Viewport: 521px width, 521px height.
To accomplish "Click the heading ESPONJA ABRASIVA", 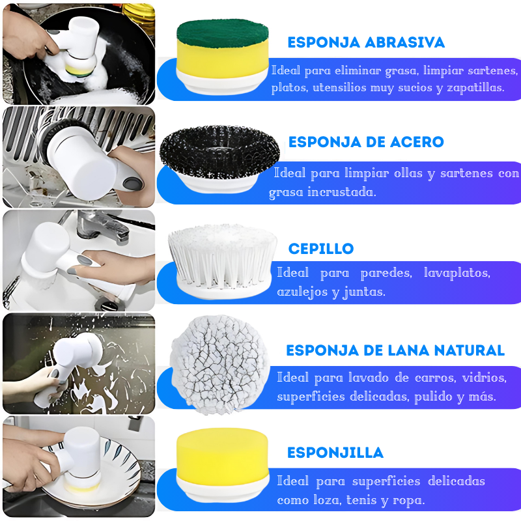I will pyautogui.click(x=366, y=43).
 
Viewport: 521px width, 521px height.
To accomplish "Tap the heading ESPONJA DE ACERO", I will pyautogui.click(x=366, y=142).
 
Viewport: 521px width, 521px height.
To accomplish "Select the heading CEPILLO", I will pyautogui.click(x=321, y=249).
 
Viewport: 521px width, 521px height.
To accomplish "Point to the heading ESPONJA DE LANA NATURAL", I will pyautogui.click(x=395, y=350).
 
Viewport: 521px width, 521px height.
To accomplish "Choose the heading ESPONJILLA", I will pyautogui.click(x=335, y=453).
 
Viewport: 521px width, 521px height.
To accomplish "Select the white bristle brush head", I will pyautogui.click(x=221, y=257).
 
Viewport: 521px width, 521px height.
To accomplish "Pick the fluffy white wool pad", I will pyautogui.click(x=219, y=363).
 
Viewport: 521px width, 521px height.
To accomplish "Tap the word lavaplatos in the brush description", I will pyautogui.click(x=457, y=273).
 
